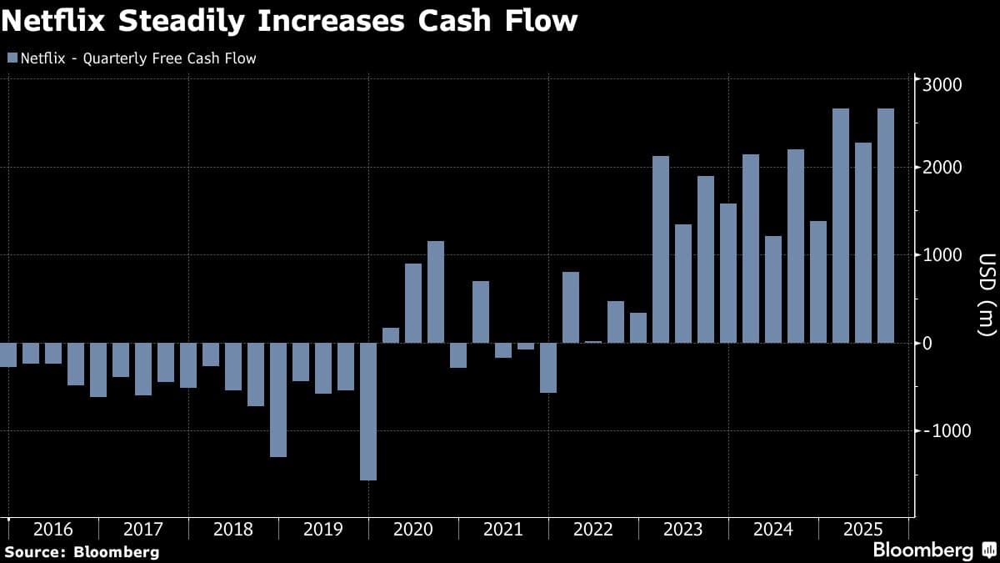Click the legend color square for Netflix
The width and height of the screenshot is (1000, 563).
coord(12,58)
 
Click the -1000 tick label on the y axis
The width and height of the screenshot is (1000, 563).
coord(942,431)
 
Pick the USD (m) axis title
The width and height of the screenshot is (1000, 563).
coord(986,294)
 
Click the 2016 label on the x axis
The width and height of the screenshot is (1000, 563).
coord(53,530)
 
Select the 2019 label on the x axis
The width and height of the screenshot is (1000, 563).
coord(322,530)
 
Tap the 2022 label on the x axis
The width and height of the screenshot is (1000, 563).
coord(592,530)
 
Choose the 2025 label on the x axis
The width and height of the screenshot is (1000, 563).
coord(862,530)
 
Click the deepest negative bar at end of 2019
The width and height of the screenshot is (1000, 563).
coord(368,411)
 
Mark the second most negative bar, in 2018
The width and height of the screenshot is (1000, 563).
coord(278,400)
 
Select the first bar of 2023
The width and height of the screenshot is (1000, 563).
coord(661,249)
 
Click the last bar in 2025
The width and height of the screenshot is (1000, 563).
coord(886,225)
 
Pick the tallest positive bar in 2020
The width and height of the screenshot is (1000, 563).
coord(436,292)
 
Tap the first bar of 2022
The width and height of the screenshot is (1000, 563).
coord(571,307)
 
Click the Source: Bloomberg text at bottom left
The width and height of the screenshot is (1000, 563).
coord(82,552)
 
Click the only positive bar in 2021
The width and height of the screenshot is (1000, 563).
coord(481,312)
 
